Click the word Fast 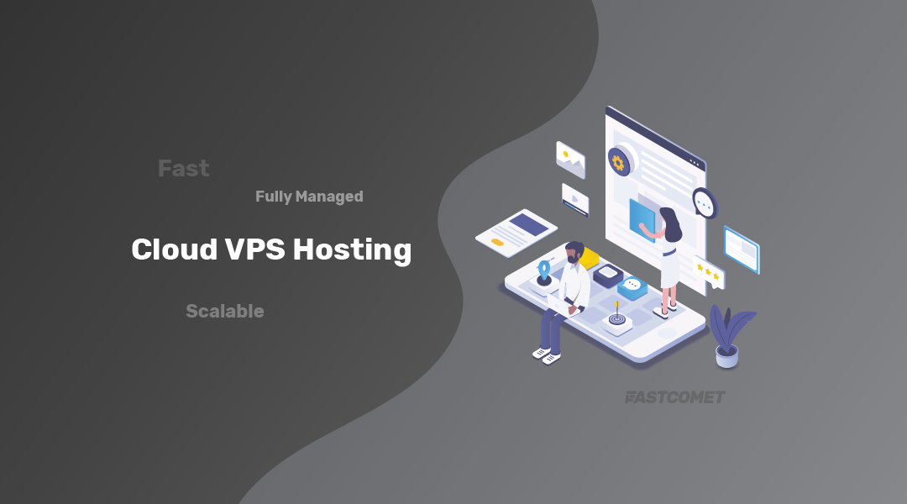[183, 169]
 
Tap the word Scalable [224, 312]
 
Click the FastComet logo [674, 396]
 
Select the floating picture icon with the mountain [570, 159]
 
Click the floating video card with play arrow [575, 200]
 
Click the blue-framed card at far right [742, 249]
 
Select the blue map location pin [544, 269]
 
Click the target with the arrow [617, 319]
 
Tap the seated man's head [574, 253]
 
